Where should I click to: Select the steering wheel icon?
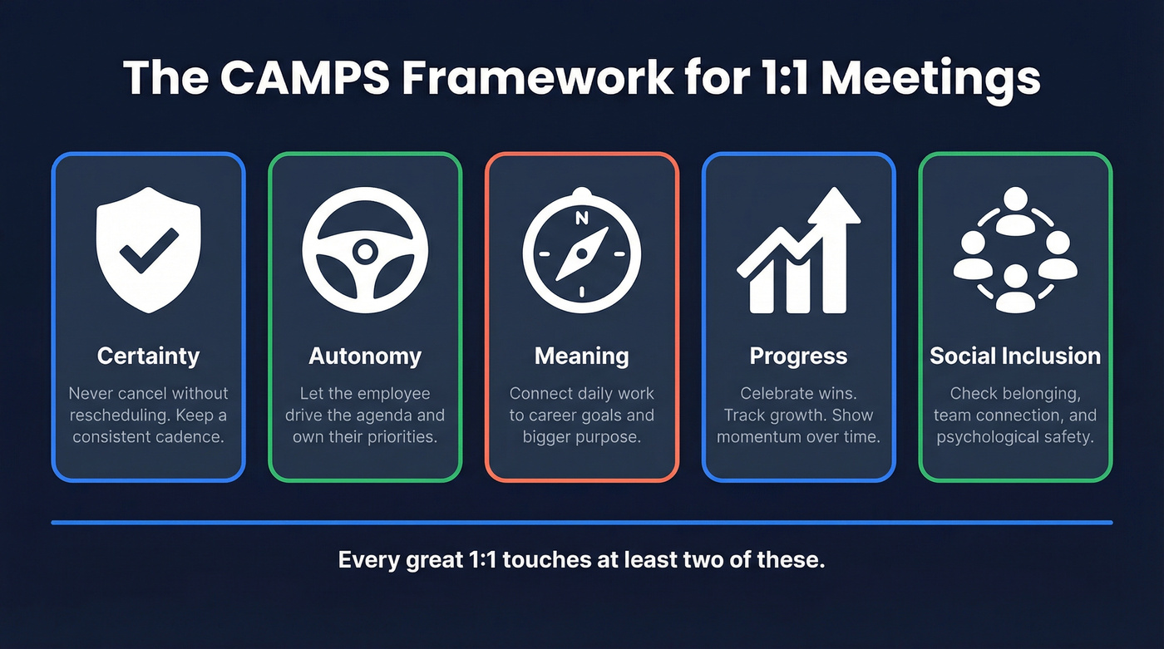(x=364, y=250)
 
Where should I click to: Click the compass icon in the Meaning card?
(x=581, y=249)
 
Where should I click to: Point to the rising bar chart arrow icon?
(x=798, y=251)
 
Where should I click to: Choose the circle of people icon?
(x=1015, y=249)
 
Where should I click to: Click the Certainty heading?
(x=148, y=356)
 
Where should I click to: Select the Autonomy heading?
(x=365, y=356)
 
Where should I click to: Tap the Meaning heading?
(x=581, y=356)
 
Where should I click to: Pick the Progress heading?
(x=798, y=356)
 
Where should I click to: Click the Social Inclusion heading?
(x=1015, y=356)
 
